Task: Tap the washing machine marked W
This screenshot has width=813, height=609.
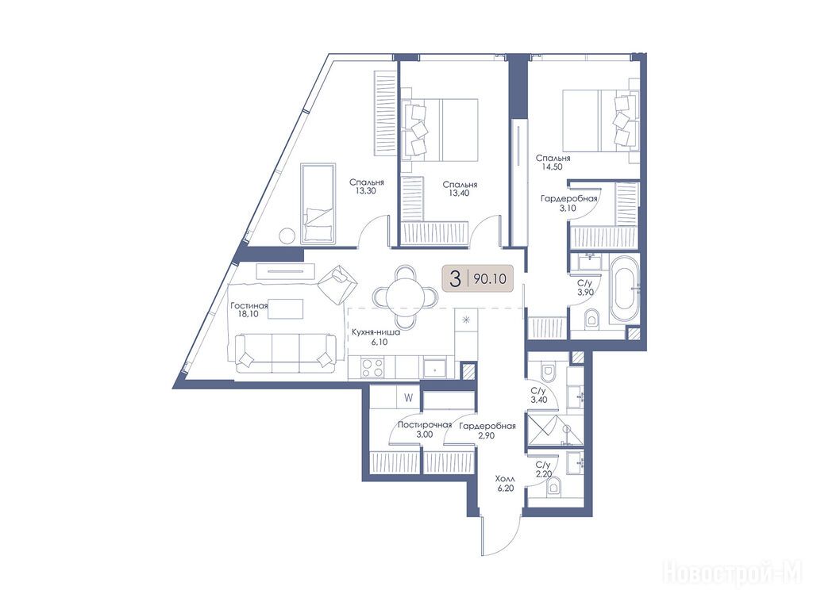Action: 409,398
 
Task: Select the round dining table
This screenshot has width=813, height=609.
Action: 406,297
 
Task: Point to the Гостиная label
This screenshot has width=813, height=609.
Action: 249,306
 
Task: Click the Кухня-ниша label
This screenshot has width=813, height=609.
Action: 376,332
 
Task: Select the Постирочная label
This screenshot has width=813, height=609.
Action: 425,426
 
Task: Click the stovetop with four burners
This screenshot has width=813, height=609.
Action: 372,368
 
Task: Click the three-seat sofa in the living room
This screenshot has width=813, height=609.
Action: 285,353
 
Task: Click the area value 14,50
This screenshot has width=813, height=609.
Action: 553,167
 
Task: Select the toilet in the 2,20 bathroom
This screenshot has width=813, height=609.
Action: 553,486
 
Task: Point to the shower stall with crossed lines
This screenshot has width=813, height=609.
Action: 541,429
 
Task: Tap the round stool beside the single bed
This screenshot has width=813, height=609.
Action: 287,236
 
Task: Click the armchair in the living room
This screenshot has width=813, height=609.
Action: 338,283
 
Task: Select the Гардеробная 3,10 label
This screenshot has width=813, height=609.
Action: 568,203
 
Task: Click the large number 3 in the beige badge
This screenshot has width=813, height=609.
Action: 455,280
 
